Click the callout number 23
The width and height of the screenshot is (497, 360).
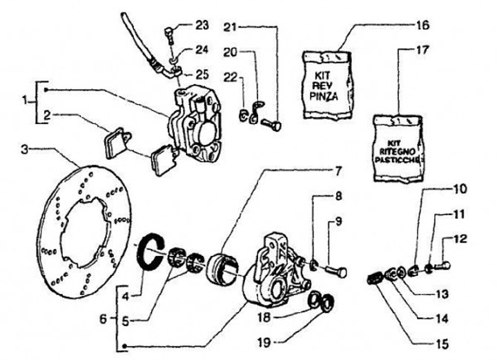(x=201, y=26)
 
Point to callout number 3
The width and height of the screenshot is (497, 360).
(x=24, y=149)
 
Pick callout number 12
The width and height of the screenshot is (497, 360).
(x=461, y=239)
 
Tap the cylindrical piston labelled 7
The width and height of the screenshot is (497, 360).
(x=225, y=270)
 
